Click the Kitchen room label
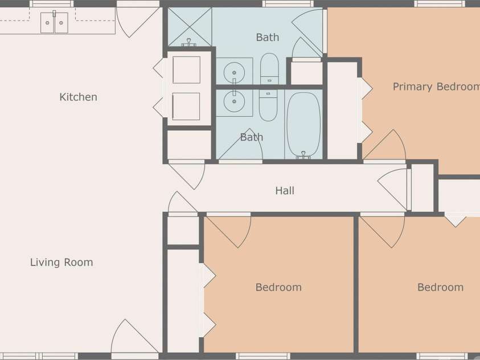[x=78, y=97]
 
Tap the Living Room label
[x=61, y=263]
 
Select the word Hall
[x=285, y=190]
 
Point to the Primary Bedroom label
[x=436, y=87]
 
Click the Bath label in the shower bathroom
[x=267, y=38]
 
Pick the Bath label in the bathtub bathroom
[x=251, y=137]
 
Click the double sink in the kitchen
[x=54, y=23]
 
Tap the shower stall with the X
[x=190, y=26]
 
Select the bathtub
[x=303, y=125]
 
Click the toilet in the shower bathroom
[x=269, y=68]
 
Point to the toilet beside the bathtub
[x=268, y=105]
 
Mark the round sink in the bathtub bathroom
[x=233, y=103]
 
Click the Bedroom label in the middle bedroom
[x=278, y=287]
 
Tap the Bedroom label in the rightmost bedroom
[x=440, y=287]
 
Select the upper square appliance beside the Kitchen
[x=186, y=70]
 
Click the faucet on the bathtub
[x=303, y=154]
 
